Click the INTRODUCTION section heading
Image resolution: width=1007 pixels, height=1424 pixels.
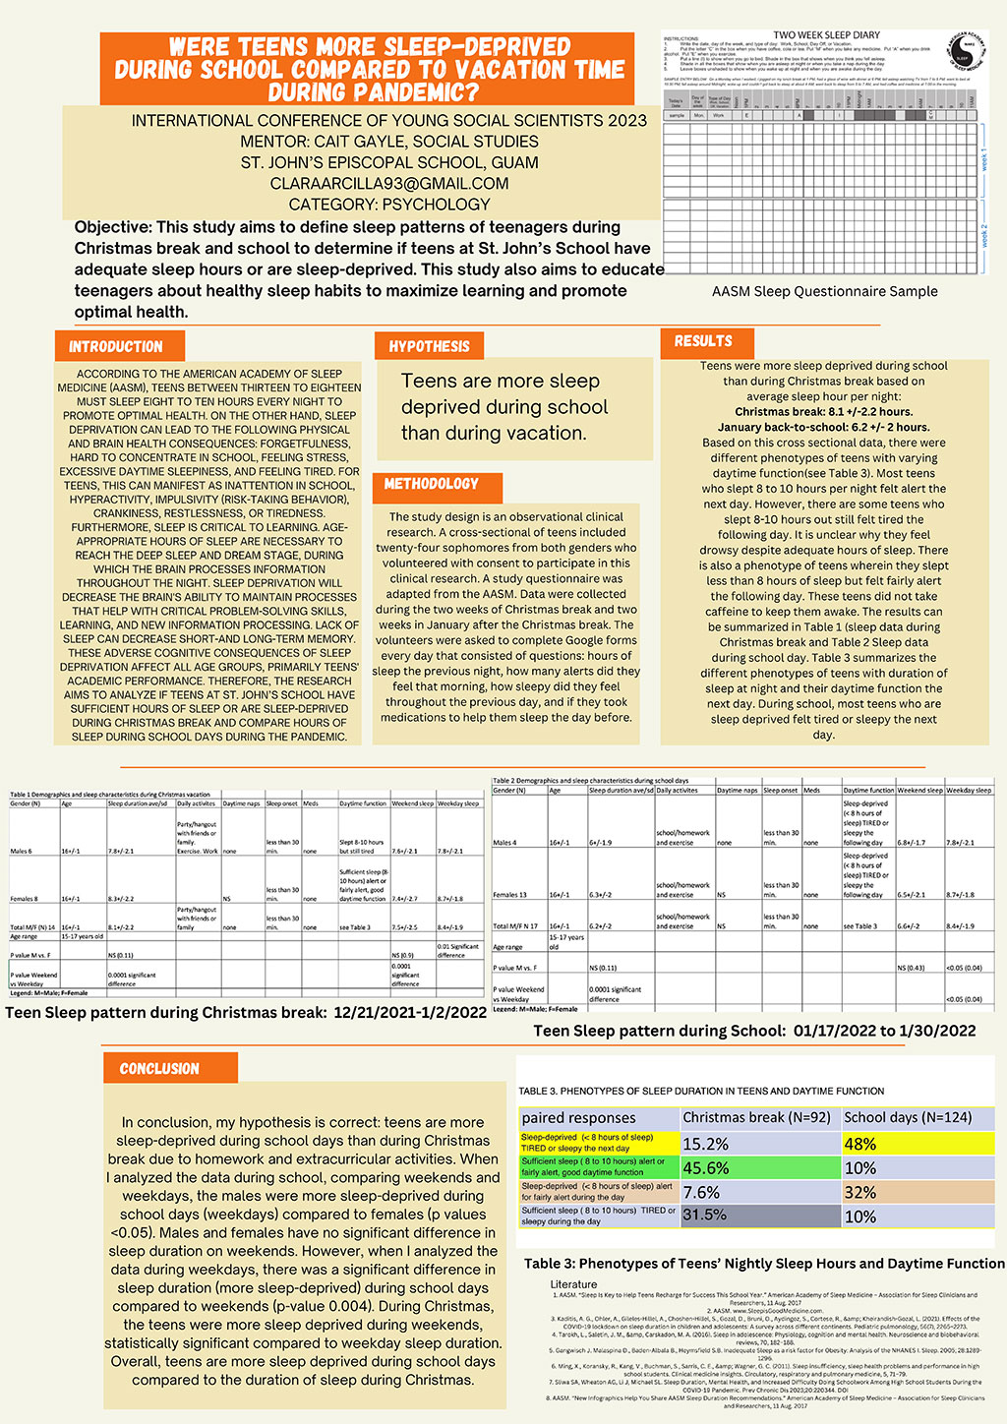(116, 347)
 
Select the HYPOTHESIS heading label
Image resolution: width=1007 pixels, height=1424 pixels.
(429, 346)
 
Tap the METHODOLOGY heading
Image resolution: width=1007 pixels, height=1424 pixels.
(432, 484)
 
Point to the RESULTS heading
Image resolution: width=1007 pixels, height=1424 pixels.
(703, 341)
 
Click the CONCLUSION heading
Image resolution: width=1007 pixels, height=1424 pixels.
(159, 1069)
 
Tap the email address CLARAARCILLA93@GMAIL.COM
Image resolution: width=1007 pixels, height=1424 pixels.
(389, 183)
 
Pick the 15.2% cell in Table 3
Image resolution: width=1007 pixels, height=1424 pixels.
(706, 1144)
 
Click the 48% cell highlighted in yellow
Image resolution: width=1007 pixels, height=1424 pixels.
(860, 1144)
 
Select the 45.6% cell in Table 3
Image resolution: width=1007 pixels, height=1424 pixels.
(706, 1167)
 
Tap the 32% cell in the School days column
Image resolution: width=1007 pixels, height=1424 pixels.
(860, 1192)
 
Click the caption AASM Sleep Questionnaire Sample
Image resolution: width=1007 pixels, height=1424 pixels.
(824, 291)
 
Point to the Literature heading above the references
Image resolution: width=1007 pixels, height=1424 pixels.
(573, 1284)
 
